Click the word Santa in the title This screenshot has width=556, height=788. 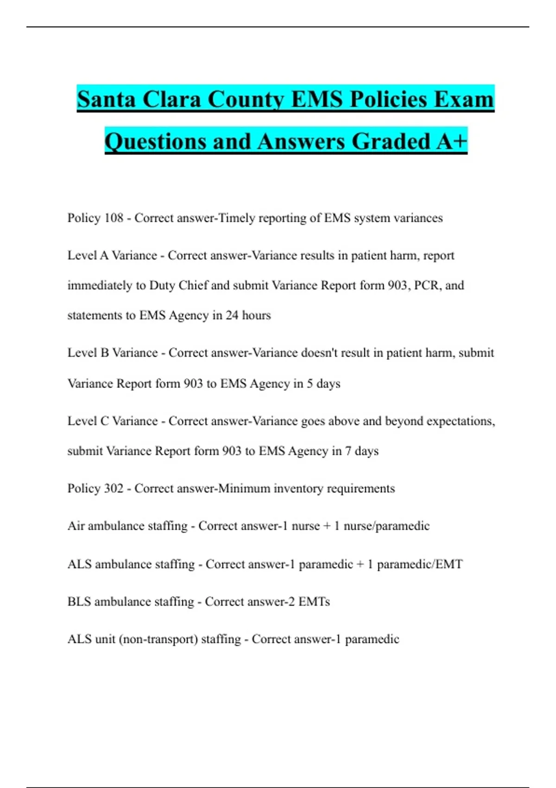(x=106, y=99)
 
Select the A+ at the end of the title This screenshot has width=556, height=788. (x=451, y=141)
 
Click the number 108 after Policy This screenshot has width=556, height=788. (x=114, y=218)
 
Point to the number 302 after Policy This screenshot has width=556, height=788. (x=114, y=489)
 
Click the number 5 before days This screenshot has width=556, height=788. (x=310, y=384)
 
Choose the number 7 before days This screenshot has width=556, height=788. (x=348, y=451)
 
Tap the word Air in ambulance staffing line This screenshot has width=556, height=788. (x=76, y=526)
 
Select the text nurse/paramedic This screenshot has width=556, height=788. (x=386, y=526)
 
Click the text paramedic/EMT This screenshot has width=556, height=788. (x=420, y=564)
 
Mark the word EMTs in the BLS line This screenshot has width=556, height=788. (x=314, y=602)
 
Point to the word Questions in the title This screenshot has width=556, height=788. (x=156, y=141)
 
